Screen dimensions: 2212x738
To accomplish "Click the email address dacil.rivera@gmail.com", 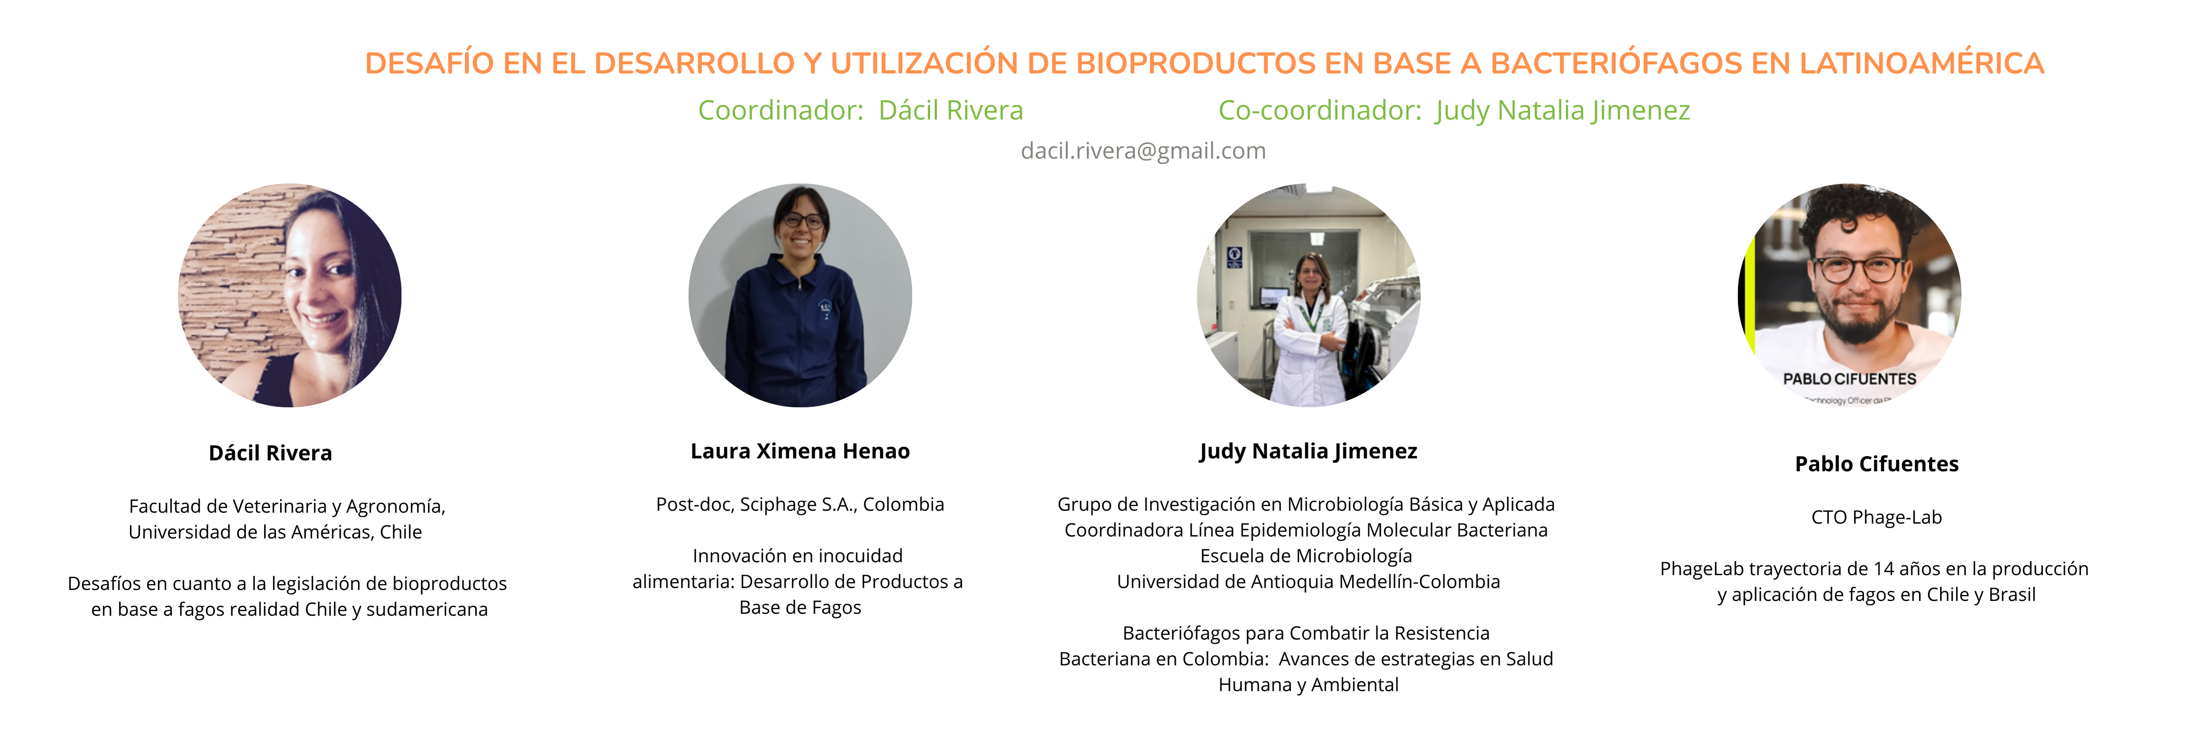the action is pyautogui.click(x=1143, y=151).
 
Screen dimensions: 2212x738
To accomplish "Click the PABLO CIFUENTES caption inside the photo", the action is pyautogui.click(x=1850, y=379).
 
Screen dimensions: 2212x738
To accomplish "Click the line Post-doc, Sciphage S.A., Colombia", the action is pyautogui.click(x=800, y=504).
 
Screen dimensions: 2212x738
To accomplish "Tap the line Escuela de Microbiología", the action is pyautogui.click(x=1306, y=556).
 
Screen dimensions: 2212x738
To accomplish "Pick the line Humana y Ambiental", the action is pyautogui.click(x=1309, y=685).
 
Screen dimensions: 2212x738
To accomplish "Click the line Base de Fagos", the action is pyautogui.click(x=800, y=608).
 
